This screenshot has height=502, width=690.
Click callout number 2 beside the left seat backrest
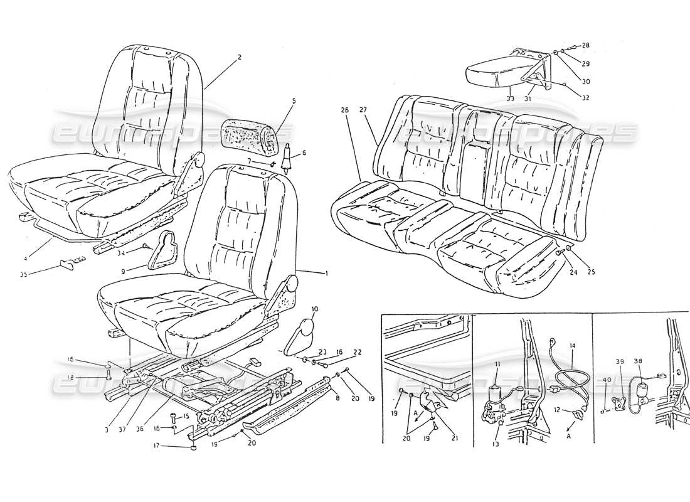click(x=240, y=57)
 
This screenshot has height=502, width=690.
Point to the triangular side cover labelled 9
click(x=164, y=248)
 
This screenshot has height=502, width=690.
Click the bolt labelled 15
click(x=173, y=417)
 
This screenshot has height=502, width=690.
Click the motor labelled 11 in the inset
click(x=495, y=395)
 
